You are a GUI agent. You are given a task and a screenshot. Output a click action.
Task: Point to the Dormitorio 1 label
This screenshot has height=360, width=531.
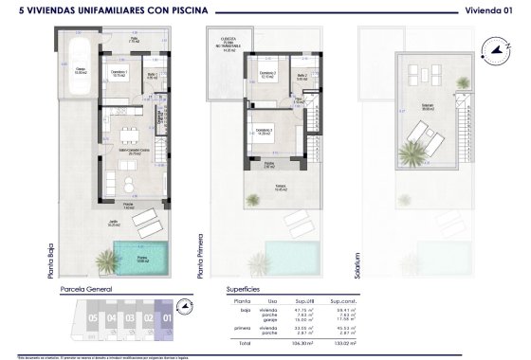coord(115,73)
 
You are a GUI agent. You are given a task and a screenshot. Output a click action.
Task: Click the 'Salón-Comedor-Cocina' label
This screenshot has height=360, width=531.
coord(130,151)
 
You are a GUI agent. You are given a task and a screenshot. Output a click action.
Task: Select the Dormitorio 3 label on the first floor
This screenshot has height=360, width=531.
coord(263,130)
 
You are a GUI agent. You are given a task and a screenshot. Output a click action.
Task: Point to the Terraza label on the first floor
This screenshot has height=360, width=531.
coord(282,187)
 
